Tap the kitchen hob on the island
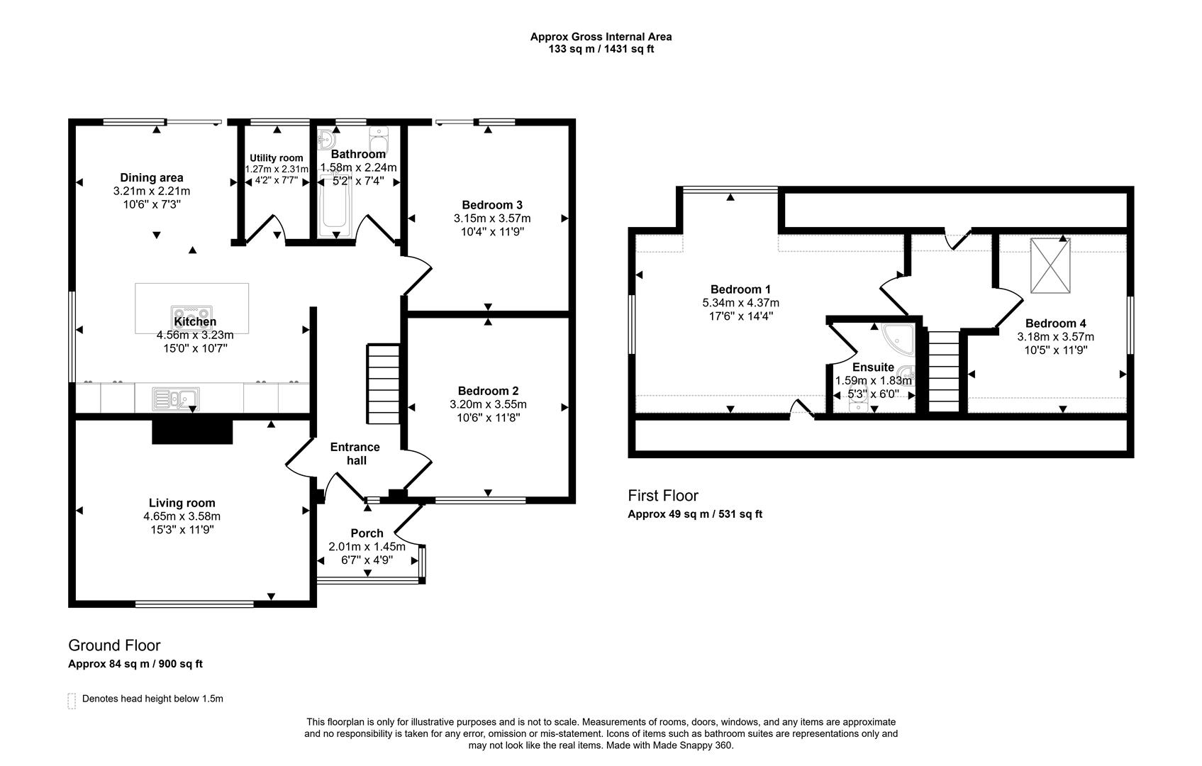pos(191,313)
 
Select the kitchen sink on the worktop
pos(175,399)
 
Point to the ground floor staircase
pos(384,384)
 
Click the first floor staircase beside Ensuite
pos(943,371)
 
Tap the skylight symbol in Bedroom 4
pos(1050,265)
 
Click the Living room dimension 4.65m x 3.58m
pos(182,516)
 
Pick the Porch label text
pos(367,533)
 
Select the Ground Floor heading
pos(114,645)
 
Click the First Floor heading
pos(662,496)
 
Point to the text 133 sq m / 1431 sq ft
pos(601,50)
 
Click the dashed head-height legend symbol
pos(71,701)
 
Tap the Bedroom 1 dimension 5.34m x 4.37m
pos(740,303)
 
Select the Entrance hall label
pos(355,454)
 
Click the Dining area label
pos(152,178)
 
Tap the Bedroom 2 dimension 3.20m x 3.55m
pos(488,405)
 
